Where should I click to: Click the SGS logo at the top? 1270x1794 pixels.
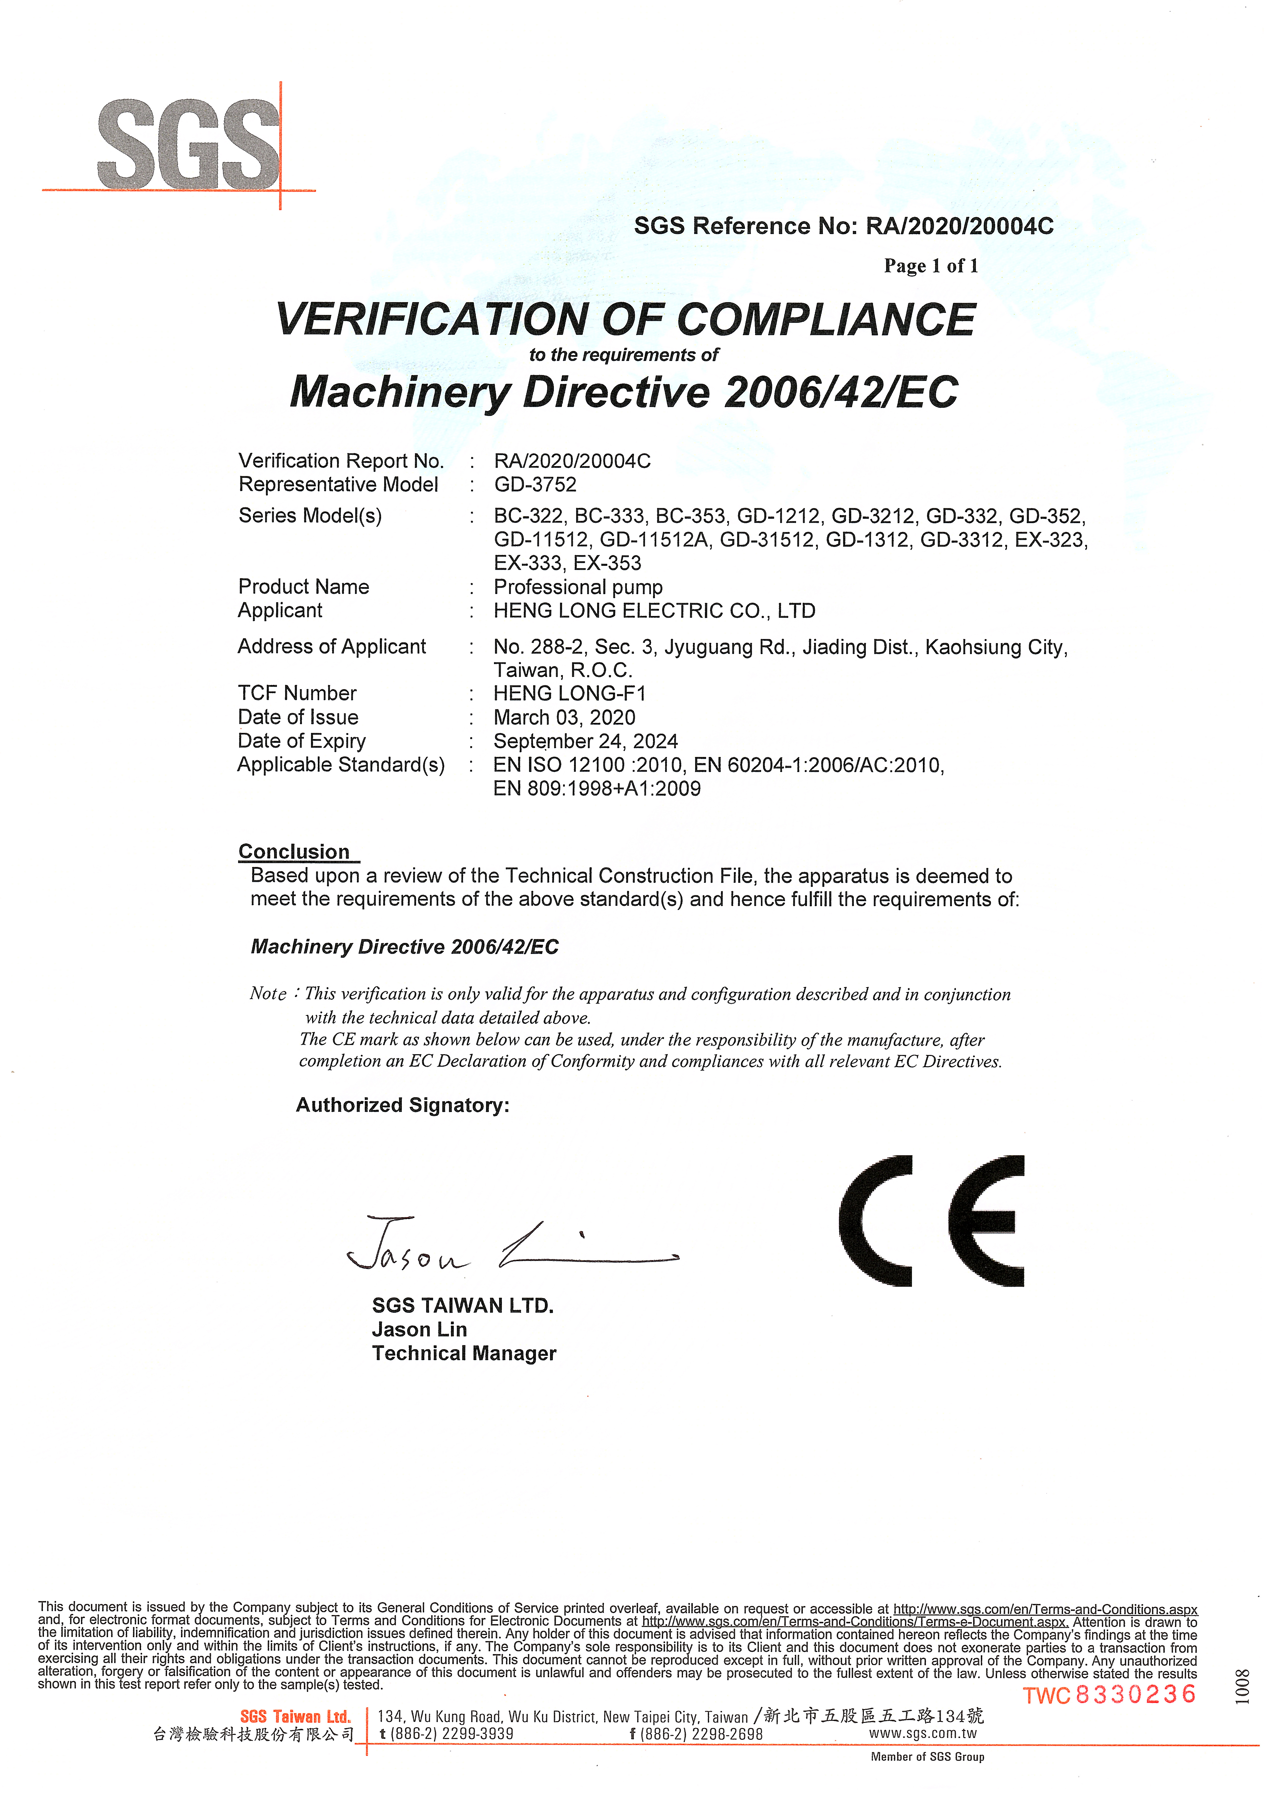188,145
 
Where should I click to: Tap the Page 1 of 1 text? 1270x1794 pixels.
931,267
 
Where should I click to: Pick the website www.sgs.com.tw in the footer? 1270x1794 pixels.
923,1733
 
